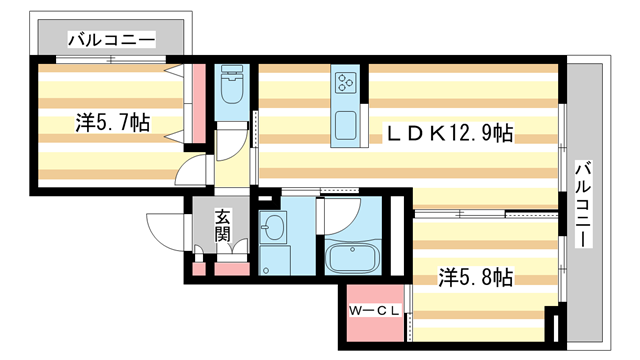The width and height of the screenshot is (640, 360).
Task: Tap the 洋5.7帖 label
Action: click(x=113, y=123)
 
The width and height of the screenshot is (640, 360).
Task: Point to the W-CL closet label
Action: click(x=374, y=311)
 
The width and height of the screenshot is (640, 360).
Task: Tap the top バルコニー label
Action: click(x=111, y=40)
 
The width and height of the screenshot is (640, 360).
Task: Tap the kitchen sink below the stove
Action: click(x=347, y=127)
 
